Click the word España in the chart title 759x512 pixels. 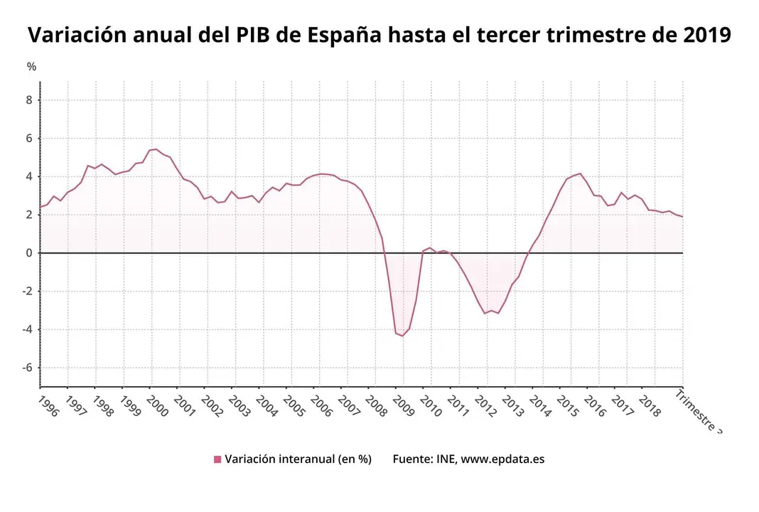tap(346, 35)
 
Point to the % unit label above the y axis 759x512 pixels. tap(31, 67)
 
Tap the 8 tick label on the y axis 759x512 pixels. tap(29, 100)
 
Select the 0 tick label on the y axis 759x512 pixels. tap(29, 253)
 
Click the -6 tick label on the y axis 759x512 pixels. tap(27, 368)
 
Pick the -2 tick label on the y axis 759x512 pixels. tap(27, 292)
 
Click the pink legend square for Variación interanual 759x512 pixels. tap(217, 459)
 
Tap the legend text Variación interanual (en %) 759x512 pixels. tap(298, 459)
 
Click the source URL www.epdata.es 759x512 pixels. tap(502, 459)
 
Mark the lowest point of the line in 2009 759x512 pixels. tap(402, 336)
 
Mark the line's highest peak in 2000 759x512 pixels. tap(156, 149)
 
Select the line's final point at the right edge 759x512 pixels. tap(682, 217)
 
